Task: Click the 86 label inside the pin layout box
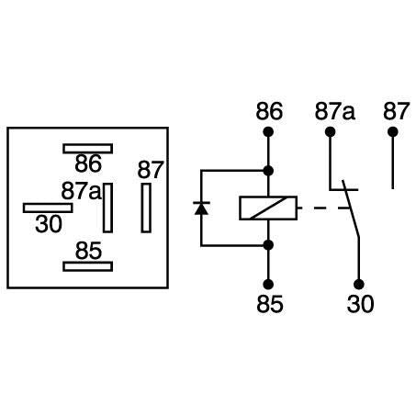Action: [88, 165]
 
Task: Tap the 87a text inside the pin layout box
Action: [81, 191]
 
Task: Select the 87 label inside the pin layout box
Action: [150, 170]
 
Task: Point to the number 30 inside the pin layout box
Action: [49, 224]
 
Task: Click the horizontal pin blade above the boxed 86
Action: [88, 148]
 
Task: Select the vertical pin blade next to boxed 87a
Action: [108, 208]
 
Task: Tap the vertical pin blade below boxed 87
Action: [146, 208]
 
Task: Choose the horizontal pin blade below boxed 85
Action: [88, 266]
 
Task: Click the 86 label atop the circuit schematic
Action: [269, 112]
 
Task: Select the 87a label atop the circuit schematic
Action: [335, 112]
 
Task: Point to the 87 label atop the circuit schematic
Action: [395, 112]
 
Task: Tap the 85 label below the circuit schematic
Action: [269, 303]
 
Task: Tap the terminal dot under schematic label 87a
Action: [329, 132]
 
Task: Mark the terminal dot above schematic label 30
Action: [359, 284]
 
